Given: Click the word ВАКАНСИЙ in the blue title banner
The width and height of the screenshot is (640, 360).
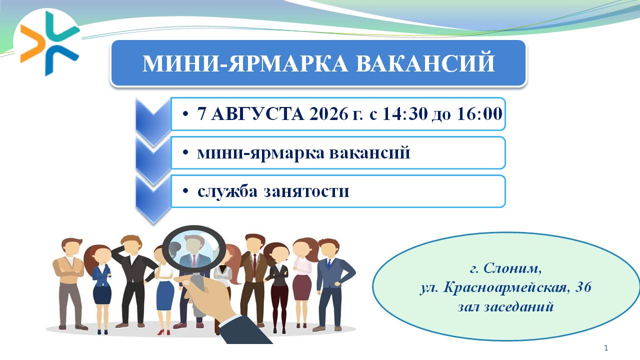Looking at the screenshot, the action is [425, 63].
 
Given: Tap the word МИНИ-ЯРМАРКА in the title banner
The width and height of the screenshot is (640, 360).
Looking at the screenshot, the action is [245, 63].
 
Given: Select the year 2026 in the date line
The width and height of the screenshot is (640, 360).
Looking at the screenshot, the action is [329, 113].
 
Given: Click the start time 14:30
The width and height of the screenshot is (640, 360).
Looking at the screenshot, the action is [405, 113].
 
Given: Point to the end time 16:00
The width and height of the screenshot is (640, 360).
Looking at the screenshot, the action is [479, 113].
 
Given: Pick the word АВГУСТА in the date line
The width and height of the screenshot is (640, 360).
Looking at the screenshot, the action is [257, 113].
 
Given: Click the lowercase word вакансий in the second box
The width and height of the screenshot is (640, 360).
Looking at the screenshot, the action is [369, 152].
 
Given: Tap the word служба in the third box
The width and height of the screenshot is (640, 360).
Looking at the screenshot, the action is [227, 191].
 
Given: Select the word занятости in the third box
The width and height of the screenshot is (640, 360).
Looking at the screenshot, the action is [306, 192].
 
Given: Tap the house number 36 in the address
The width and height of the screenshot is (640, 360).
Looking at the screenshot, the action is [583, 287].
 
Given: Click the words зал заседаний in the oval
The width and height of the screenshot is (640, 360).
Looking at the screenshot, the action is [505, 307].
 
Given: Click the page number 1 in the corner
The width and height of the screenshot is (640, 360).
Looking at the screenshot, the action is [606, 348].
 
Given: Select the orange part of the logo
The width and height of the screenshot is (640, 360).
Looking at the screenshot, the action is [32, 43].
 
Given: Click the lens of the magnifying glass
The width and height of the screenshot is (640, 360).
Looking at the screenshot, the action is [194, 249].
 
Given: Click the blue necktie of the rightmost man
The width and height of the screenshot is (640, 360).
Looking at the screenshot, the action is [329, 263].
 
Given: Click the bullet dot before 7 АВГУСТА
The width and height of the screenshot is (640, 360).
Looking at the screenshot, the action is [185, 114].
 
